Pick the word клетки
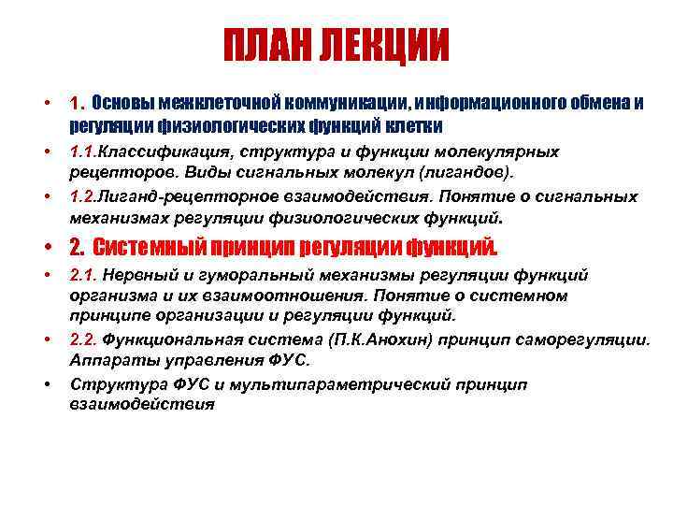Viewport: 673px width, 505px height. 417,125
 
